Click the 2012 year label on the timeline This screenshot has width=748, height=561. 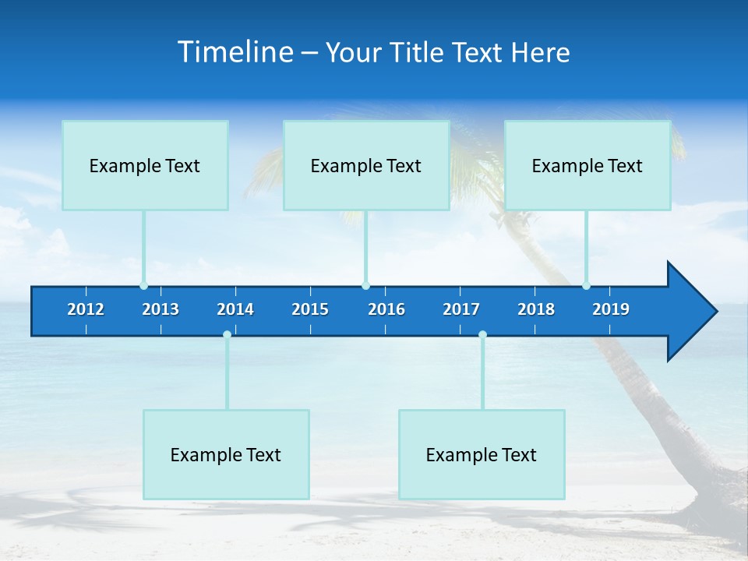tap(86, 309)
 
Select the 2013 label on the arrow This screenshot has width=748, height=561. tap(161, 309)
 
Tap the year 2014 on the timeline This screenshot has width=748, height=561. tap(235, 309)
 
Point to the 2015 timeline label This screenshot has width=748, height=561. tap(310, 309)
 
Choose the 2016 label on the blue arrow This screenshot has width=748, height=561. tap(386, 309)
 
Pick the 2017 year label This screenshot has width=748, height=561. tap(461, 309)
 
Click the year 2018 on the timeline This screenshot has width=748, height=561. tap(536, 309)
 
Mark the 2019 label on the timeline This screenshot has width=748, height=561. tap(611, 309)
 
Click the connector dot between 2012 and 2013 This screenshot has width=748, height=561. tap(143, 285)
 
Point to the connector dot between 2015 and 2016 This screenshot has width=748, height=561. tap(365, 285)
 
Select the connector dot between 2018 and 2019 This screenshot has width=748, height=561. tap(586, 285)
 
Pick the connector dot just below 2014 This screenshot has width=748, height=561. tap(227, 334)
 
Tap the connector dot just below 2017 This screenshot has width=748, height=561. tap(482, 334)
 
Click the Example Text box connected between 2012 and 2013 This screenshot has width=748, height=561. tap(145, 165)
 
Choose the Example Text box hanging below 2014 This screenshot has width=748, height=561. tap(226, 454)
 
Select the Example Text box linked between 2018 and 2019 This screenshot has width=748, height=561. tap(587, 165)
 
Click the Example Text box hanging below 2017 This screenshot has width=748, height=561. tap(482, 454)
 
